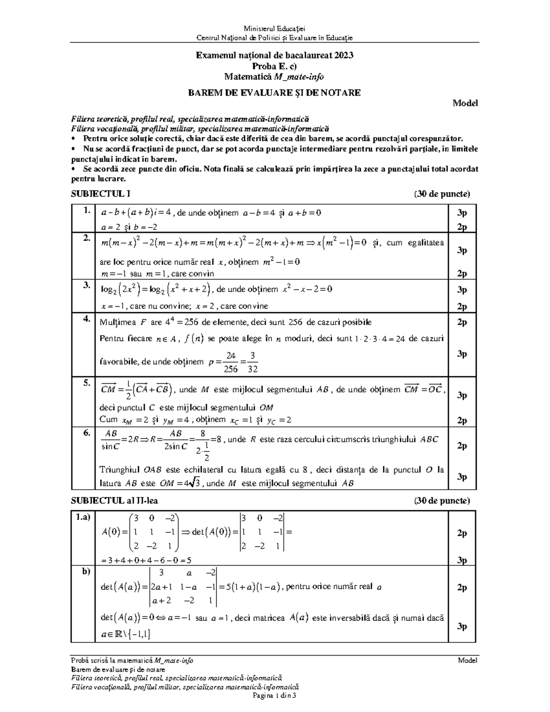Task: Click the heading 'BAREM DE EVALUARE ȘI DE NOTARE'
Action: (x=275, y=93)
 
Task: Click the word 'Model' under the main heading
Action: (x=465, y=104)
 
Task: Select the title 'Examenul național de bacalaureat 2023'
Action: (x=275, y=55)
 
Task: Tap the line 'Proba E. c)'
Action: (x=275, y=66)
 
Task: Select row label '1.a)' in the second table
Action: (x=83, y=517)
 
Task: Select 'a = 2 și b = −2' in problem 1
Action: (x=131, y=227)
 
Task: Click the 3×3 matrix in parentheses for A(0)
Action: (x=154, y=532)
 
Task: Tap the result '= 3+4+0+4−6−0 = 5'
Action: (x=146, y=560)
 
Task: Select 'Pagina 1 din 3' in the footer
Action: (x=275, y=695)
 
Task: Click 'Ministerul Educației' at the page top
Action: (x=275, y=29)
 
